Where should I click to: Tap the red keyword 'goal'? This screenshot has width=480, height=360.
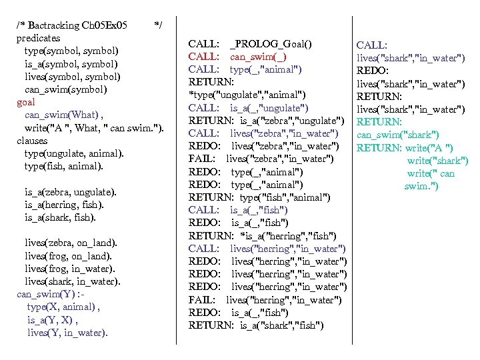[x=26, y=102]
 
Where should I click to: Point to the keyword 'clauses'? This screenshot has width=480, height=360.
[x=32, y=141]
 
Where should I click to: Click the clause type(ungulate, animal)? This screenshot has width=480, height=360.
[x=74, y=153]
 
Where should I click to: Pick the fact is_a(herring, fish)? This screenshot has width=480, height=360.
[x=64, y=205]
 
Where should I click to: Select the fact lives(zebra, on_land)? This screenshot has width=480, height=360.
[x=71, y=243]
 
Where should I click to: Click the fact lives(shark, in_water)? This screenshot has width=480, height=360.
[x=73, y=281]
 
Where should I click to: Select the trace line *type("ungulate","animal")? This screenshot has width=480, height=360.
[x=247, y=95]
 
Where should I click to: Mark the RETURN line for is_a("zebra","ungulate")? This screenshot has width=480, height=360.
[x=266, y=121]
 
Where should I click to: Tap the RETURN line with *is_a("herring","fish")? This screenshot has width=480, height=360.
[x=262, y=235]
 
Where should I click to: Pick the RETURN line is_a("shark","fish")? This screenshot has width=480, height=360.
[x=256, y=325]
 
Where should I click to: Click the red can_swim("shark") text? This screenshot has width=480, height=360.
[x=397, y=135]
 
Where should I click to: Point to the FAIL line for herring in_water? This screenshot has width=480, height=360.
[x=265, y=299]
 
